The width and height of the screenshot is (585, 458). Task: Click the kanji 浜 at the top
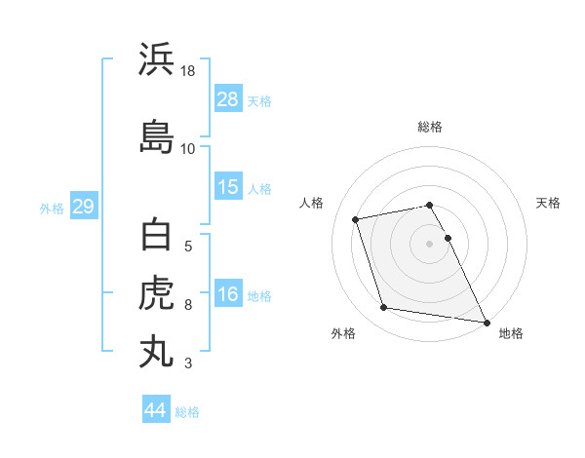pos(157,59)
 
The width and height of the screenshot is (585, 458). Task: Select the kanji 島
pos(157,135)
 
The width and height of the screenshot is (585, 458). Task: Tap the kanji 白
pos(157,237)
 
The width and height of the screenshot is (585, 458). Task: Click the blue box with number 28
pos(228,100)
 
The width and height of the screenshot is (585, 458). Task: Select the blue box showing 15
pos(228,187)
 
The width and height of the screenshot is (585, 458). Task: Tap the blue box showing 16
pos(228,294)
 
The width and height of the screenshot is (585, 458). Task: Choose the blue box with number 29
pos(83,207)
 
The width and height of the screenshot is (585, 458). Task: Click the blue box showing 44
pos(155,410)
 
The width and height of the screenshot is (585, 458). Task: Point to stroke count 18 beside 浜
pos(189,72)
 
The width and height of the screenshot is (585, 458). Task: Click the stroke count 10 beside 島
pos(187,148)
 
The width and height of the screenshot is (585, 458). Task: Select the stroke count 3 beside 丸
pos(187,363)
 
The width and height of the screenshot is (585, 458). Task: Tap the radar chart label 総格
pos(430,127)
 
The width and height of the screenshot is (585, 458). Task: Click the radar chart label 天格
pos(548,203)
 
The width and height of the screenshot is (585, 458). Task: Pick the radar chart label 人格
pos(312,203)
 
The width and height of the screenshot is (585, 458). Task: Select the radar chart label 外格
pos(343,333)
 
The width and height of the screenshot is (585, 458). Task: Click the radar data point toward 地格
pos(486,322)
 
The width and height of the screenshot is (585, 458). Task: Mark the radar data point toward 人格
pos(356,218)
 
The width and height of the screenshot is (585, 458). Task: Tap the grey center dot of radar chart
pos(430,243)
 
